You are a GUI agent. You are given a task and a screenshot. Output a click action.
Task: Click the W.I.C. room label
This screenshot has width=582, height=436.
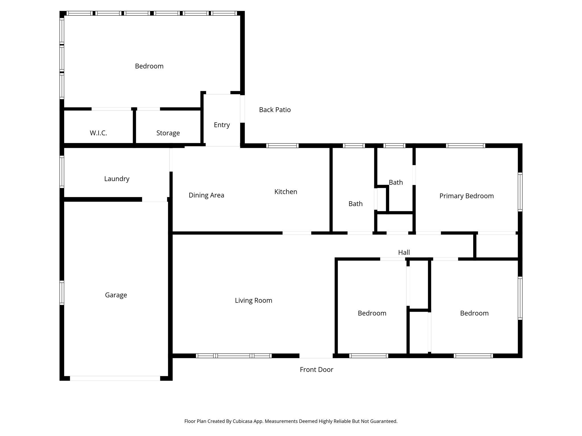point(98,133)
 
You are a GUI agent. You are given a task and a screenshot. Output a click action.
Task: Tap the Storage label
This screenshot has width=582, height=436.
point(168,133)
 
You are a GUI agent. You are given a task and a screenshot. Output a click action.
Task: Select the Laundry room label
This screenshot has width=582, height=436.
point(117,179)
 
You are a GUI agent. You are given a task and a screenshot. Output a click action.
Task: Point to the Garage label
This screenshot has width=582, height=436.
point(116,295)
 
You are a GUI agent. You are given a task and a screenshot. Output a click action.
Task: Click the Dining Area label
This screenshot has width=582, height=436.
point(206,195)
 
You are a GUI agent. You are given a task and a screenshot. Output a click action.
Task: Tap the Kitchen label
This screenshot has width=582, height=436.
point(286,192)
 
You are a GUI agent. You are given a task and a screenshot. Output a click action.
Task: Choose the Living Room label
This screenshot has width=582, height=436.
point(253,301)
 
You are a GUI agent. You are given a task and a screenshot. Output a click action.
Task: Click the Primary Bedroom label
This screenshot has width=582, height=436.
point(466,196)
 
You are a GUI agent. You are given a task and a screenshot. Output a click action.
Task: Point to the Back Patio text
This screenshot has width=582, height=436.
point(275,110)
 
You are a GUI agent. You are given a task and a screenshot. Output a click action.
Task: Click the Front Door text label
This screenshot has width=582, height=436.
point(316,370)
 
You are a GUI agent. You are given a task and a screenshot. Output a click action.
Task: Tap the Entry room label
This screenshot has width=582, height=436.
point(222,125)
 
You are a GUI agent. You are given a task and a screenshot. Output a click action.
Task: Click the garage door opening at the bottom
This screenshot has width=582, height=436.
point(115,378)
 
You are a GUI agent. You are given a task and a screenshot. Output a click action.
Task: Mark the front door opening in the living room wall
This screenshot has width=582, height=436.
point(316,356)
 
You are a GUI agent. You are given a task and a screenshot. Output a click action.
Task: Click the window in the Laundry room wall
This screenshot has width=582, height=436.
point(62,172)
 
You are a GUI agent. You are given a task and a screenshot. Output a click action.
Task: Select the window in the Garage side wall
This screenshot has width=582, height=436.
point(62,293)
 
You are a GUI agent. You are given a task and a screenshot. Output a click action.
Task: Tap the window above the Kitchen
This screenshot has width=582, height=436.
point(282,146)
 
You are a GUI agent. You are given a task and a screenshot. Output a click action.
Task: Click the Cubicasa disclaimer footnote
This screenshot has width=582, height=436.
point(291,421)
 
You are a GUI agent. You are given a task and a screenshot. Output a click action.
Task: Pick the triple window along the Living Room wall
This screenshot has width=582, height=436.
point(234,356)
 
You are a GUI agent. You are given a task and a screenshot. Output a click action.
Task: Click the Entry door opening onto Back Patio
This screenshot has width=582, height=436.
point(242,109)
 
